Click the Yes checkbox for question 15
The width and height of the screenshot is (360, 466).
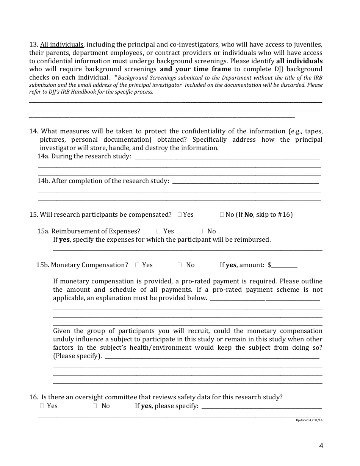180,215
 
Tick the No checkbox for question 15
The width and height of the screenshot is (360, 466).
222,215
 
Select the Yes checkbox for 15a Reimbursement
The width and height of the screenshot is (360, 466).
159,231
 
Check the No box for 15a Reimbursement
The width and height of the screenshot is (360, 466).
201,231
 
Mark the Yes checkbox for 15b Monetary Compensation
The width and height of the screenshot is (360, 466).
137,265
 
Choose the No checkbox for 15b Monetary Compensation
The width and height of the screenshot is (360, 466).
180,265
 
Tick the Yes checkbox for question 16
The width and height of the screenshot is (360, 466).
42,406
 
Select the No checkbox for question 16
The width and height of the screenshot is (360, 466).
95,406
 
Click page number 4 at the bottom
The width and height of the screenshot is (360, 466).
321,446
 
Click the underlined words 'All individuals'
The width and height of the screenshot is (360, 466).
62,44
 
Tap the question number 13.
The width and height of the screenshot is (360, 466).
33,44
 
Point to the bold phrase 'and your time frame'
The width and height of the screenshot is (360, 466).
195,69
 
